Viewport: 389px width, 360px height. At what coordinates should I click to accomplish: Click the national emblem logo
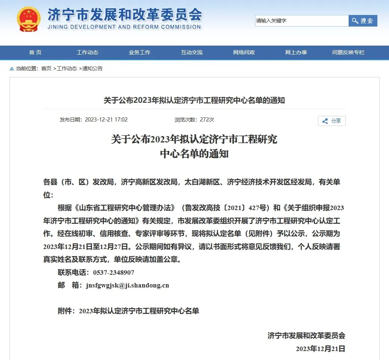point(28,19)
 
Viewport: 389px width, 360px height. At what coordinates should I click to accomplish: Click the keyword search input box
point(301,21)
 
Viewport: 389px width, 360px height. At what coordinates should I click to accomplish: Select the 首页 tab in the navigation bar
point(35,52)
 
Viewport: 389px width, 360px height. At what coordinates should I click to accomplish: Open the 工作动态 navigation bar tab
point(88,52)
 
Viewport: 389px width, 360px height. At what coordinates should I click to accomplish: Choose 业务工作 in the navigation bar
point(140,52)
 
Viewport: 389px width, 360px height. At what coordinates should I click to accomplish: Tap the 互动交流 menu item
point(192,52)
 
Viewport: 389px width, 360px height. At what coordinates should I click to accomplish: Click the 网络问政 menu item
point(244,52)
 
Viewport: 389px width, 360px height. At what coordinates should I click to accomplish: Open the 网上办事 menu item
point(296,52)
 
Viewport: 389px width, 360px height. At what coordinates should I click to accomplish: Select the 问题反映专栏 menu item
point(348,52)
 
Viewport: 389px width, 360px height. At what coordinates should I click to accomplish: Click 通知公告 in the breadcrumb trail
point(92,68)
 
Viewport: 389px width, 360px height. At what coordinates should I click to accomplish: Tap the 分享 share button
point(332,121)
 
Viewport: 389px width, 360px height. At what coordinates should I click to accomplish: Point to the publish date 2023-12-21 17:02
point(106,120)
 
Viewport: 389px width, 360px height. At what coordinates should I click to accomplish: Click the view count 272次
point(207,120)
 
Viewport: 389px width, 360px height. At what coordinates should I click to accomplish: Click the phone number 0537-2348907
point(114,273)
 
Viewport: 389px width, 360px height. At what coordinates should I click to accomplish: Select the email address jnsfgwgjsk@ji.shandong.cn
point(128,285)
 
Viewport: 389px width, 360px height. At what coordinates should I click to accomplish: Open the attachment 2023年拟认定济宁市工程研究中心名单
point(139,311)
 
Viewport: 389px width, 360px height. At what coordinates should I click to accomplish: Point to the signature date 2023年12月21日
point(321,349)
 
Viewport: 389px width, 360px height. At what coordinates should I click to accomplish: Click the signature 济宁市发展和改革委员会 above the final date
point(306,336)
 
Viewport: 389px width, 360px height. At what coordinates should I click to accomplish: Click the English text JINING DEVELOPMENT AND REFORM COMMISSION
point(124,27)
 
